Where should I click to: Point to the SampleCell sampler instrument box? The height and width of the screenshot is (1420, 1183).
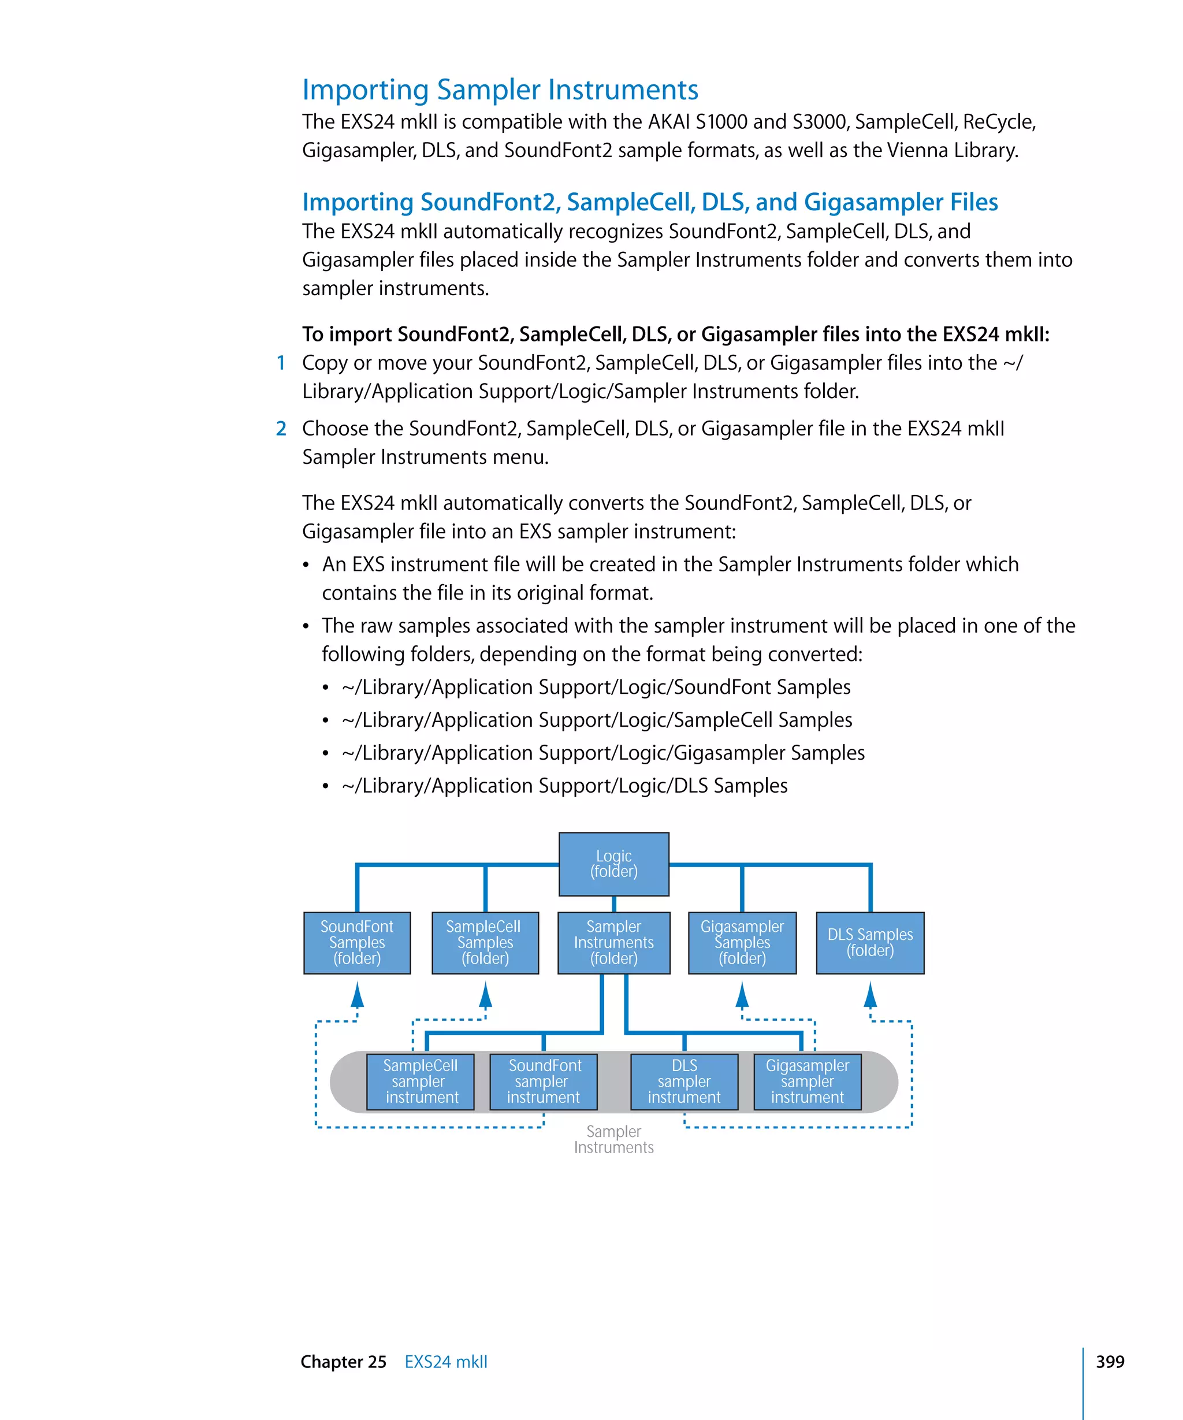point(420,1081)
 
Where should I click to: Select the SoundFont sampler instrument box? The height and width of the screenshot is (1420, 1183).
point(544,1081)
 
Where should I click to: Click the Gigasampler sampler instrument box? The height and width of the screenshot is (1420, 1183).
point(807,1081)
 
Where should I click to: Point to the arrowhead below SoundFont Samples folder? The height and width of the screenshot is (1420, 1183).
point(358,995)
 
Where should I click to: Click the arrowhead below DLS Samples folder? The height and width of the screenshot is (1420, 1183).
point(870,995)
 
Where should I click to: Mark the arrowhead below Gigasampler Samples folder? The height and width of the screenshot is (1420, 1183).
point(742,995)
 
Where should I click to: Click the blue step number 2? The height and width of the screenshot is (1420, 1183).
point(281,428)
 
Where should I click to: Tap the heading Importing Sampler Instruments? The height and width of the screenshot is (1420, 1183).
point(500,90)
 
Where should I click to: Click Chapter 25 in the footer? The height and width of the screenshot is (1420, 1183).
point(344,1361)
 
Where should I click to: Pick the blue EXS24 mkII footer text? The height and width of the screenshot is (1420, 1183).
point(445,1361)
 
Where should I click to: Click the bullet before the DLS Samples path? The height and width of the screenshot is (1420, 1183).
point(325,786)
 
